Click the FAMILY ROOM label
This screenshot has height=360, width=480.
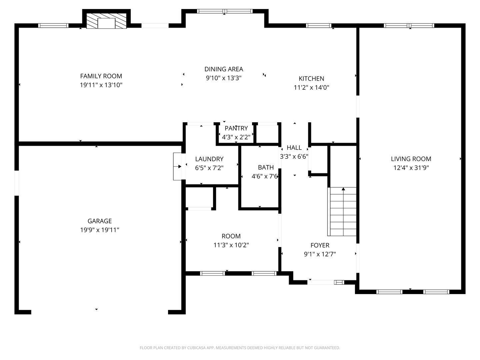(101, 76)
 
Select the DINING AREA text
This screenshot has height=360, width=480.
(223, 69)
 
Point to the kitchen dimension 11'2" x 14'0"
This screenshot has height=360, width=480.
(311, 87)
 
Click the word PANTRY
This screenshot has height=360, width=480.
(236, 128)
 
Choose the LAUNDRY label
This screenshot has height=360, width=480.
(209, 159)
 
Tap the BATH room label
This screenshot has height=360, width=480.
(266, 167)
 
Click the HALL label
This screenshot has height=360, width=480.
(294, 148)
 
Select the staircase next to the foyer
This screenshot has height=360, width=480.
(342, 211)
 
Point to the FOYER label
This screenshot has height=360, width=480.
(320, 245)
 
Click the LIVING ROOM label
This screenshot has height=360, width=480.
(411, 159)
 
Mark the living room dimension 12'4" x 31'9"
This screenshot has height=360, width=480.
(411, 168)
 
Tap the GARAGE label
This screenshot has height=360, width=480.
(99, 221)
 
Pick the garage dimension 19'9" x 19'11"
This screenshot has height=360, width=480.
(99, 230)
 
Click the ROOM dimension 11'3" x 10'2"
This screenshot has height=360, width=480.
(231, 245)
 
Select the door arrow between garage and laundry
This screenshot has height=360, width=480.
(177, 167)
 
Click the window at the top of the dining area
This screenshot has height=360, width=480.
(225, 11)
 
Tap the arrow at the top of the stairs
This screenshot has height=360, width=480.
(343, 189)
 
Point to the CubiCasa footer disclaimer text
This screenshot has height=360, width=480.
(240, 348)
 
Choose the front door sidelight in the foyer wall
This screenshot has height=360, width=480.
(339, 282)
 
